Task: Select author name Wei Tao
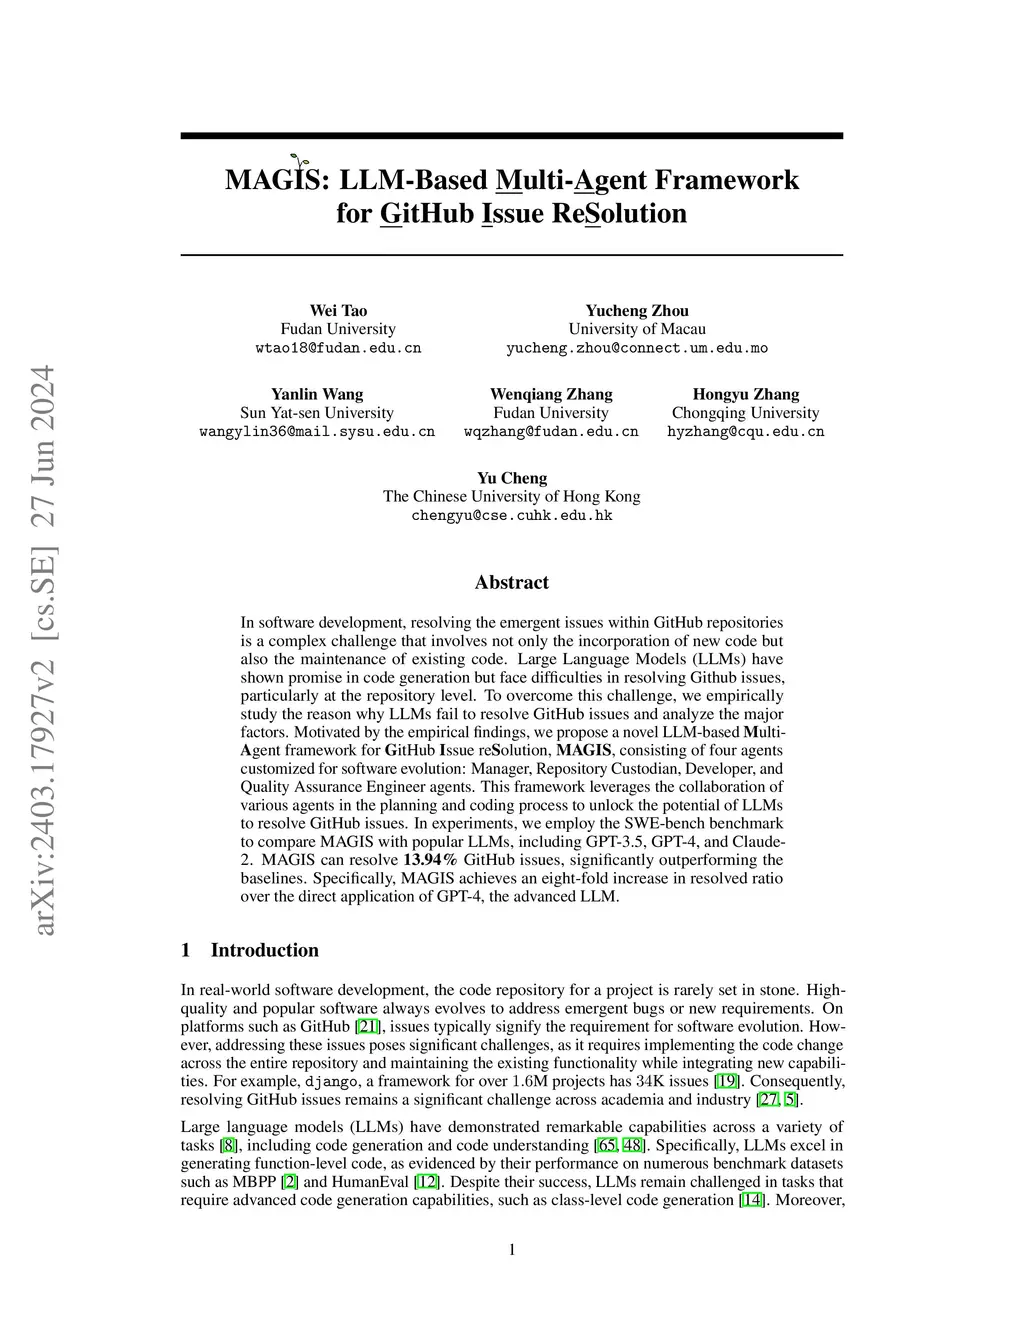click(x=338, y=310)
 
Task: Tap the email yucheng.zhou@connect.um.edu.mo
click(x=637, y=348)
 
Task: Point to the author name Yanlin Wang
click(x=317, y=394)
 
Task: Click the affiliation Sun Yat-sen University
click(x=317, y=413)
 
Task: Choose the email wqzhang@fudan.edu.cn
click(x=551, y=432)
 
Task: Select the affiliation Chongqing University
click(x=745, y=413)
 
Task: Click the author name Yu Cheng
click(x=512, y=478)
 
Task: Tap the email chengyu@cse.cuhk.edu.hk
click(x=512, y=516)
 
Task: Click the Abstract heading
click(x=512, y=582)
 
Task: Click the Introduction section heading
click(x=264, y=950)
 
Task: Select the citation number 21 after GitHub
click(x=367, y=1027)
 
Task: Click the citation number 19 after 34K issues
click(x=726, y=1081)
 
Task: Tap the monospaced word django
click(x=330, y=1081)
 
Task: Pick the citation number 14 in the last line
click(x=750, y=1200)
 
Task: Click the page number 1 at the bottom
click(x=512, y=1249)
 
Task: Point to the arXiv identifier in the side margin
click(x=44, y=650)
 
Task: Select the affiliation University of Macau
click(x=637, y=329)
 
